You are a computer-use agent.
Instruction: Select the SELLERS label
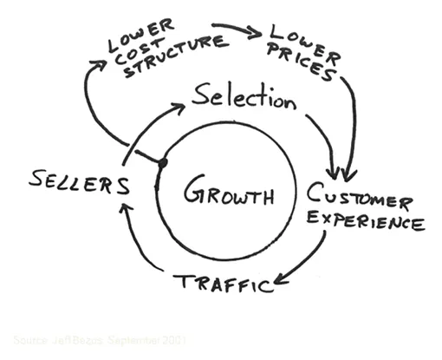[x=79, y=183]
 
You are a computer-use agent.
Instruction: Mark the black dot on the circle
[x=161, y=163]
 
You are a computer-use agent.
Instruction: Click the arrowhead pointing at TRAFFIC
[x=276, y=284]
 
